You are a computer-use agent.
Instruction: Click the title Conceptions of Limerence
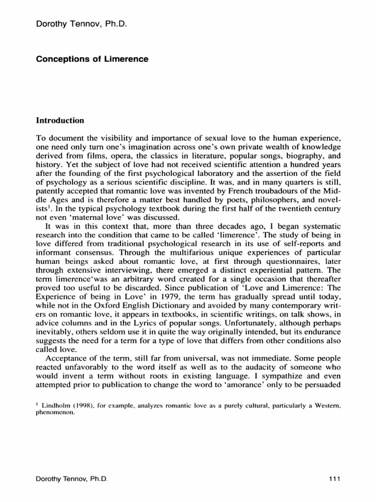pos(93,59)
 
